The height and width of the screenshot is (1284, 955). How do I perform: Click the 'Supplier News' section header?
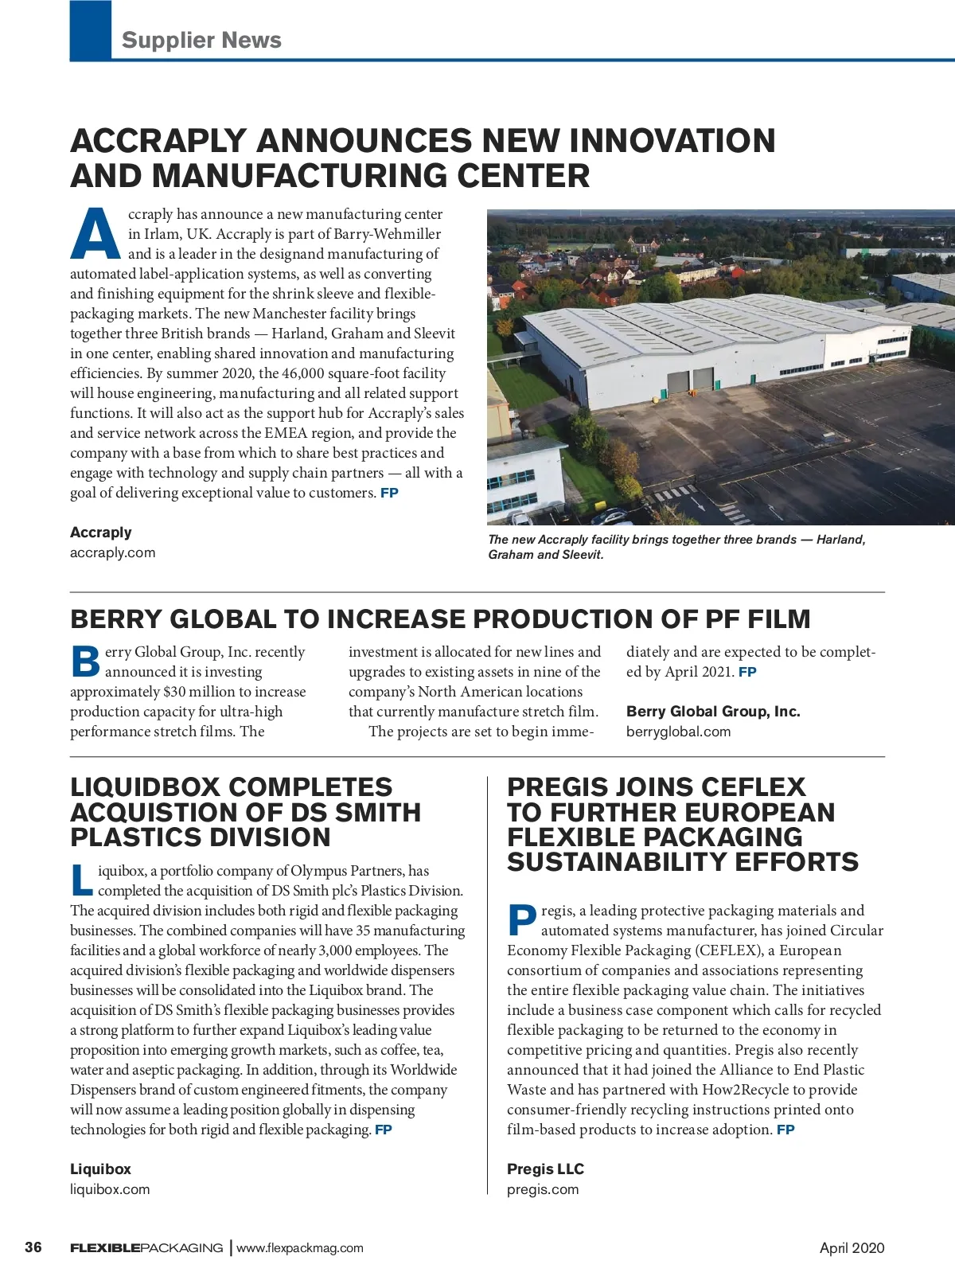tap(201, 40)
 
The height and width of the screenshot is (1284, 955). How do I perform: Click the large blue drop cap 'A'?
tap(96, 234)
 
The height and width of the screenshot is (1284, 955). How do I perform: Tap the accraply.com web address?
tap(113, 552)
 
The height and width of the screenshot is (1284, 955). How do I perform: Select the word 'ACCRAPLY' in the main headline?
tap(158, 141)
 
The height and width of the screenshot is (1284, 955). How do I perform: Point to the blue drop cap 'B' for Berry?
tap(85, 662)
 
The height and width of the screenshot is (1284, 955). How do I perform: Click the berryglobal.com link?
tap(678, 732)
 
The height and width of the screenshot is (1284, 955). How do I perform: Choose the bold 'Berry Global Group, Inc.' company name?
tap(713, 712)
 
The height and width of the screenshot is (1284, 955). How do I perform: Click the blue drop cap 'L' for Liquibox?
tap(81, 880)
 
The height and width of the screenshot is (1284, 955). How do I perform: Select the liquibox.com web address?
tap(110, 1189)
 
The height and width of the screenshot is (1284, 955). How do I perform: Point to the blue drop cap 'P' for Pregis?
tap(521, 920)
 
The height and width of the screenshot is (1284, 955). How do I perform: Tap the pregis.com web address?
tap(543, 1189)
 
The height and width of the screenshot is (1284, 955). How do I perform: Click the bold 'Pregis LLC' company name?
tap(545, 1169)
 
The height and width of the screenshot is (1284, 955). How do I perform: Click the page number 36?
tap(33, 1247)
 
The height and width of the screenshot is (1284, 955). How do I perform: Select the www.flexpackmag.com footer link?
tap(300, 1248)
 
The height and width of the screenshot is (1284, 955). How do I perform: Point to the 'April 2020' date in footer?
tap(852, 1248)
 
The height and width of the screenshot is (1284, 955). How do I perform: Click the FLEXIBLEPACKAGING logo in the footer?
tap(146, 1248)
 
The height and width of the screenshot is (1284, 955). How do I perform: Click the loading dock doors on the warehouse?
tap(690, 381)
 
